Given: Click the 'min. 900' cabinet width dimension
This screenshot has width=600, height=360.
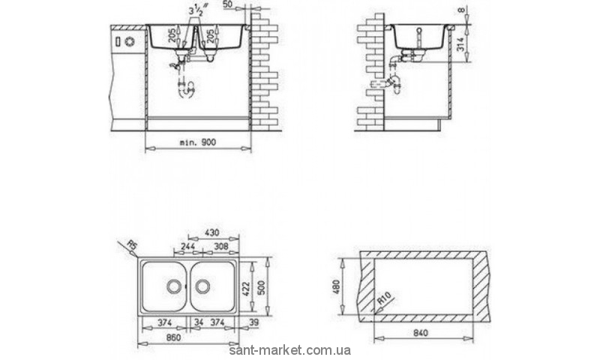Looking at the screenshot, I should click(197, 141).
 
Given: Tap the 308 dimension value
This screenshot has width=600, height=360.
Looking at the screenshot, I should click(220, 246).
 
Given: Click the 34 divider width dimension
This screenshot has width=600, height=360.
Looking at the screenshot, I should click(197, 322).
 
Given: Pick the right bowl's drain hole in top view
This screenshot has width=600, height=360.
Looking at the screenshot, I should click(202, 286).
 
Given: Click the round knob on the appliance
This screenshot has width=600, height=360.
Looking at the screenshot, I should click(128, 40).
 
